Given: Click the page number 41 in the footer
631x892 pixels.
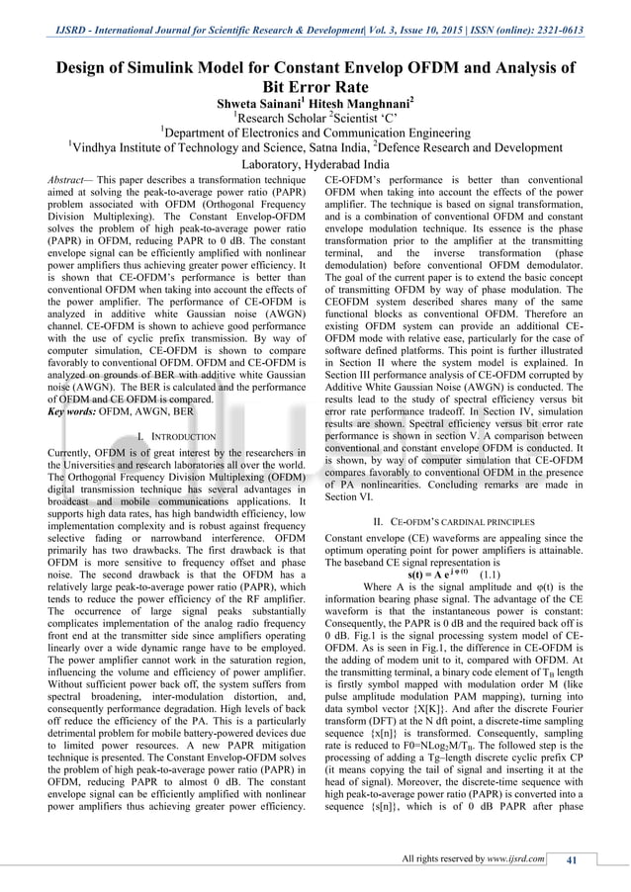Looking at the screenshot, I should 570,858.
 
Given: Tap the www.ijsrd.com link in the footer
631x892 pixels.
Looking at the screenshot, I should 515,858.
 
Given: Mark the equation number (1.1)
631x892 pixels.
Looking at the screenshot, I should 494,573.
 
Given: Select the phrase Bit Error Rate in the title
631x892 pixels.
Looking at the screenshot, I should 315,87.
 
